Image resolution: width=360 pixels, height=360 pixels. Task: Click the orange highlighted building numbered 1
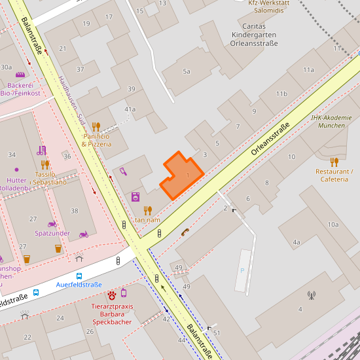pos(181,176)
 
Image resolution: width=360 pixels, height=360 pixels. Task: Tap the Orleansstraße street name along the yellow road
pos(270,139)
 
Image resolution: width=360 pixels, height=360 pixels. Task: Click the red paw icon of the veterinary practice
pos(111,295)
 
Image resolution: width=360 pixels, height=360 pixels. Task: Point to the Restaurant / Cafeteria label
pos(334,175)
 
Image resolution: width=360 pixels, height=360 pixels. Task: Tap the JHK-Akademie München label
pos(331,121)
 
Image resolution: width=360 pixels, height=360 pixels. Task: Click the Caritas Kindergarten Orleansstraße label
pos(254,35)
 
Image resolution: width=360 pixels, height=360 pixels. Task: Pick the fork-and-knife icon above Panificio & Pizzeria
pos(96,127)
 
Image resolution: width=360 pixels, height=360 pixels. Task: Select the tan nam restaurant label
pos(147,220)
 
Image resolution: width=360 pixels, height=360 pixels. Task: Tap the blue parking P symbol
pos(242,270)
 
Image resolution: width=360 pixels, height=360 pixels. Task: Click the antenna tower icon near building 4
pos(310,295)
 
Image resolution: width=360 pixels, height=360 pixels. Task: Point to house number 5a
pos(187,71)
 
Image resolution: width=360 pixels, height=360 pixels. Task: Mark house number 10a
pos(333,225)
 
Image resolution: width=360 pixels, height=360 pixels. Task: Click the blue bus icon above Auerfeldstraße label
pos(79,276)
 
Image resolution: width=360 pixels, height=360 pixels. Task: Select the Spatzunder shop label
pos(52,233)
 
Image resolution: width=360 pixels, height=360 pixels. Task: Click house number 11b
pos(281,94)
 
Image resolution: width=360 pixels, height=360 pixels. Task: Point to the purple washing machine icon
pos(135,196)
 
